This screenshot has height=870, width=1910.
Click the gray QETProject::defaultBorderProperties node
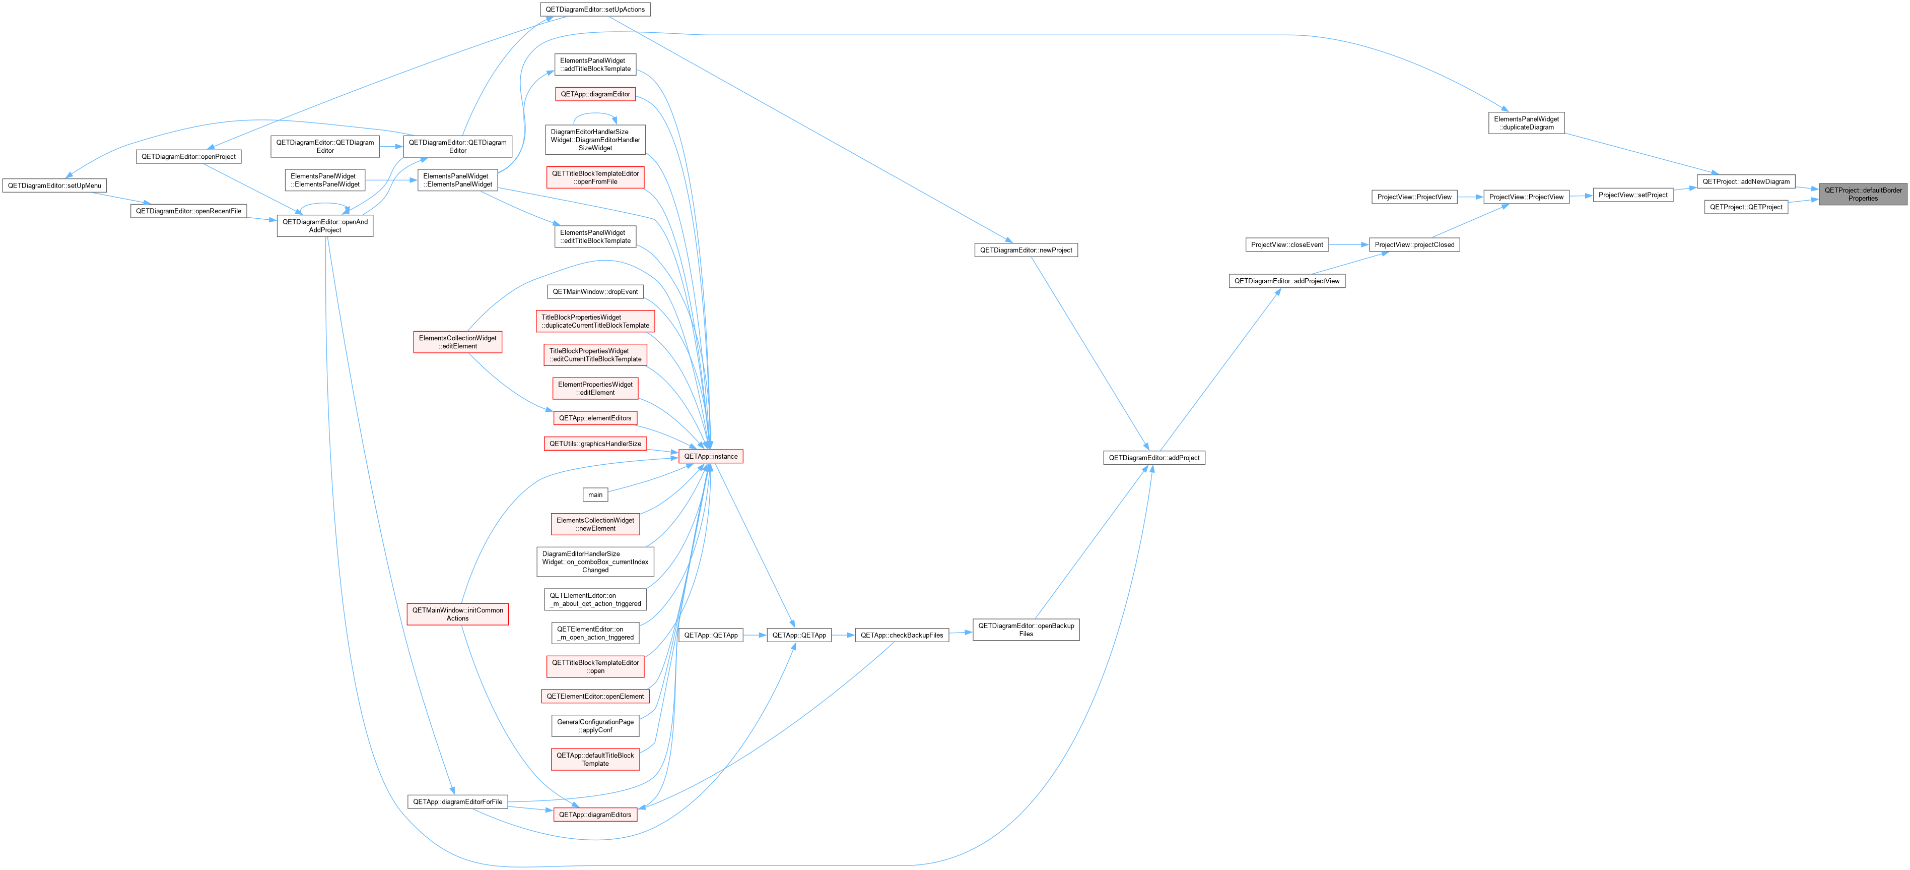1863,195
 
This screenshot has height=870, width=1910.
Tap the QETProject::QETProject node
1746,207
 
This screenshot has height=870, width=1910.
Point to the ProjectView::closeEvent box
1286,245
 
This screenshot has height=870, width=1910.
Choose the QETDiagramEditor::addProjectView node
1286,281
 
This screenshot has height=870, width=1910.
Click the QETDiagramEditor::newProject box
1026,250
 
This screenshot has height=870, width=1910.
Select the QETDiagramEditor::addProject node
1154,458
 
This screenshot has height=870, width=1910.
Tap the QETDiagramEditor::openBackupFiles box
1026,630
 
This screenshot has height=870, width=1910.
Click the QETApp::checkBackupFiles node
902,635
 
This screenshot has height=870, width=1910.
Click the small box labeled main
595,494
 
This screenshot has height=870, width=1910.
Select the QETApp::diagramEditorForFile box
457,802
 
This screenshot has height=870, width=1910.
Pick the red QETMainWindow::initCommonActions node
457,614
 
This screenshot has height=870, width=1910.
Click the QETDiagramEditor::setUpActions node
595,10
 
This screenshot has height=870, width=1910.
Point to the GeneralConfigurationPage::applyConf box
595,726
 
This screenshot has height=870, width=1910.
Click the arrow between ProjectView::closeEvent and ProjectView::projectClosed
1349,245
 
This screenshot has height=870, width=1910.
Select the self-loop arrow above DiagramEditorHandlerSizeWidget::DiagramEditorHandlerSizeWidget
595,113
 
